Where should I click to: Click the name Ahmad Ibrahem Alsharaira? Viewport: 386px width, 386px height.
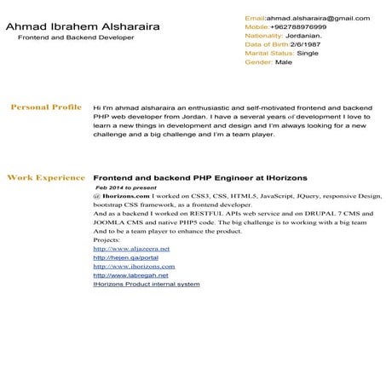82,27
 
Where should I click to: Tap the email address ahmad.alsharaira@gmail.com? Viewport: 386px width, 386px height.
319,18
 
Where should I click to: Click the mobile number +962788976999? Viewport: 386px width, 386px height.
298,26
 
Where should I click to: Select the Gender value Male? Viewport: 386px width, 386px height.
284,62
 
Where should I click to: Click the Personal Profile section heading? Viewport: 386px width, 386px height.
45,107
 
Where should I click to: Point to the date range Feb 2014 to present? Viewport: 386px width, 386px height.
127,187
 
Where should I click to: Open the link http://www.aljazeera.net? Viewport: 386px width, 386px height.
131,248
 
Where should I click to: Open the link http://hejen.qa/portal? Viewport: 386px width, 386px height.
125,257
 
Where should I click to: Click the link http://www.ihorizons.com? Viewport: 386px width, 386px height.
133,266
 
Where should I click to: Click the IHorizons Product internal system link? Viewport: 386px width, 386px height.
146,284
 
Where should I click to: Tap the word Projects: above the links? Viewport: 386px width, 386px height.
107,239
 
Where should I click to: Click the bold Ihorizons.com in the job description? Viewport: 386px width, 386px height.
126,195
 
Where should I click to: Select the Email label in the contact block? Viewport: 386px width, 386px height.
255,18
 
